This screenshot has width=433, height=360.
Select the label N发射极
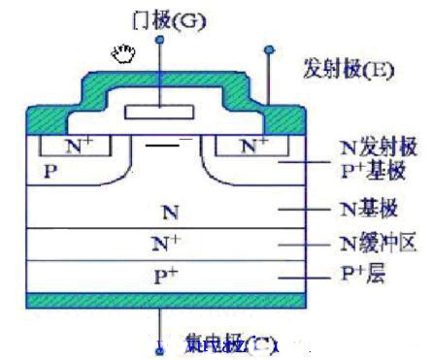[x=379, y=147]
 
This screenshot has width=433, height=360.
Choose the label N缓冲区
[x=378, y=243]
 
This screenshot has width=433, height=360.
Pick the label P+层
[x=363, y=274]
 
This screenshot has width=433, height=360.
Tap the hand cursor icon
[x=123, y=53]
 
